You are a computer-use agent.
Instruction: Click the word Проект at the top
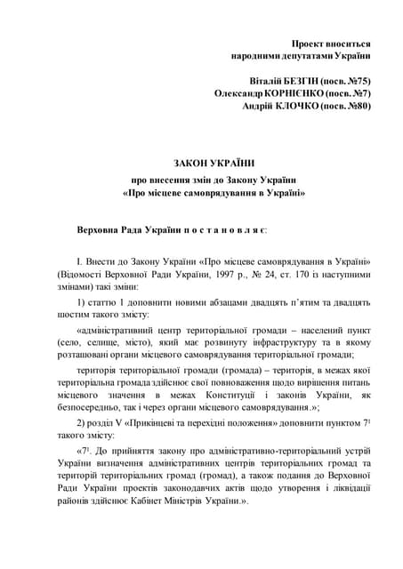[311, 43]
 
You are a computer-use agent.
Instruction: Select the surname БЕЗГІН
[289, 81]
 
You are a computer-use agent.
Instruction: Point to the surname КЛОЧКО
[300, 106]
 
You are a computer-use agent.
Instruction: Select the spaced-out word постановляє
[223, 230]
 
